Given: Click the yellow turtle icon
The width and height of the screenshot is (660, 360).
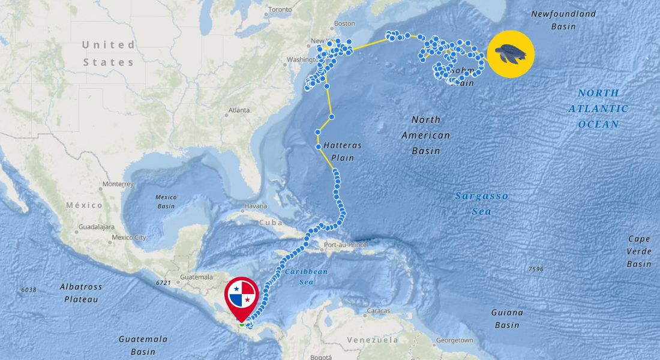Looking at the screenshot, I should pyautogui.click(x=511, y=54).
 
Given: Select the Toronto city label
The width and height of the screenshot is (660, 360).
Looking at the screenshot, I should pyautogui.click(x=280, y=10).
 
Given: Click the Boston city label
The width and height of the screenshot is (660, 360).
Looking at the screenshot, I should pyautogui.click(x=344, y=23).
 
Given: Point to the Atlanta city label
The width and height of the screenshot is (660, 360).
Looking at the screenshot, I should pyautogui.click(x=239, y=110).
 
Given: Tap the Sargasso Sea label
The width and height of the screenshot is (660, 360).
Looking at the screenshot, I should pyautogui.click(x=481, y=203).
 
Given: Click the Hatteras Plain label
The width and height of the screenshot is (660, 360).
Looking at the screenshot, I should pyautogui.click(x=338, y=151).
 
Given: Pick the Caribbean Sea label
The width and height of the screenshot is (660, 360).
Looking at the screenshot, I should pyautogui.click(x=306, y=276).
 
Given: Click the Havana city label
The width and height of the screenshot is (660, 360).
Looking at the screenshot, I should pyautogui.click(x=255, y=206).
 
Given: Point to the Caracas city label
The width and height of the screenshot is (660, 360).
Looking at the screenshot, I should pyautogui.click(x=379, y=311).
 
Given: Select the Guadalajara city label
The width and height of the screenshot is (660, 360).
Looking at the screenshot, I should pyautogui.click(x=97, y=227).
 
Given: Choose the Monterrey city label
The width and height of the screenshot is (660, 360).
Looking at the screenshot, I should pyautogui.click(x=118, y=184).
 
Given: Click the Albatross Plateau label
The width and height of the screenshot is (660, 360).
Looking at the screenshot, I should pyautogui.click(x=81, y=293).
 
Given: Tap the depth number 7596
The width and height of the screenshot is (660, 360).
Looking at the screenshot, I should pyautogui.click(x=536, y=269).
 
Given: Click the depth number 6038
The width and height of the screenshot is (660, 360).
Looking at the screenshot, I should pyautogui.click(x=29, y=290).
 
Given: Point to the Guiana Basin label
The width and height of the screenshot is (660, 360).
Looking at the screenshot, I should pyautogui.click(x=507, y=319).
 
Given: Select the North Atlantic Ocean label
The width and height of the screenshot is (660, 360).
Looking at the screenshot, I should pyautogui.click(x=598, y=109).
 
